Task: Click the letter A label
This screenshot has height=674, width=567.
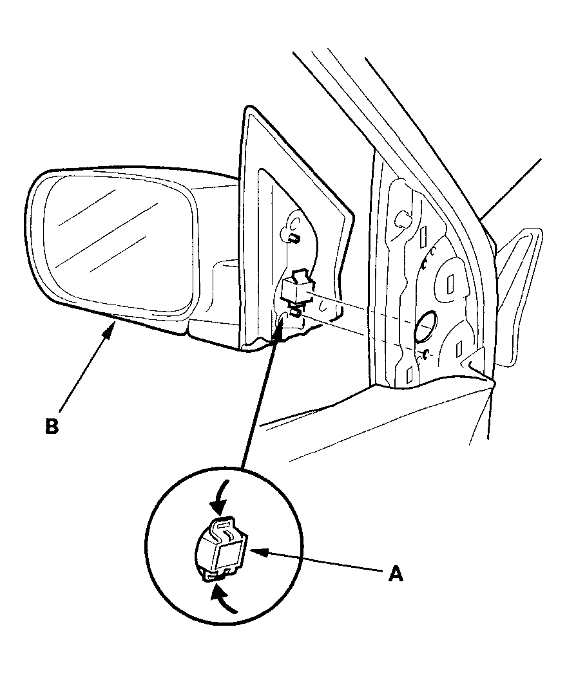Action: point(396,574)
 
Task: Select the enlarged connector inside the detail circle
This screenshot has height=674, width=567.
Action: point(222,548)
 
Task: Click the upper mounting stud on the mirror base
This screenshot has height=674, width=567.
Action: point(293,237)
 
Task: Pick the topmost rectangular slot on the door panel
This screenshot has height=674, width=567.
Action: point(424,235)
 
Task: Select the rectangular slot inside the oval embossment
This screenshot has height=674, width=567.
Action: point(450,284)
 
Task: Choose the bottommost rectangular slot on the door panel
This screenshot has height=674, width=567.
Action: point(409,375)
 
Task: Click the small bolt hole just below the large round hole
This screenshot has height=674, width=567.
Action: point(425,355)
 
